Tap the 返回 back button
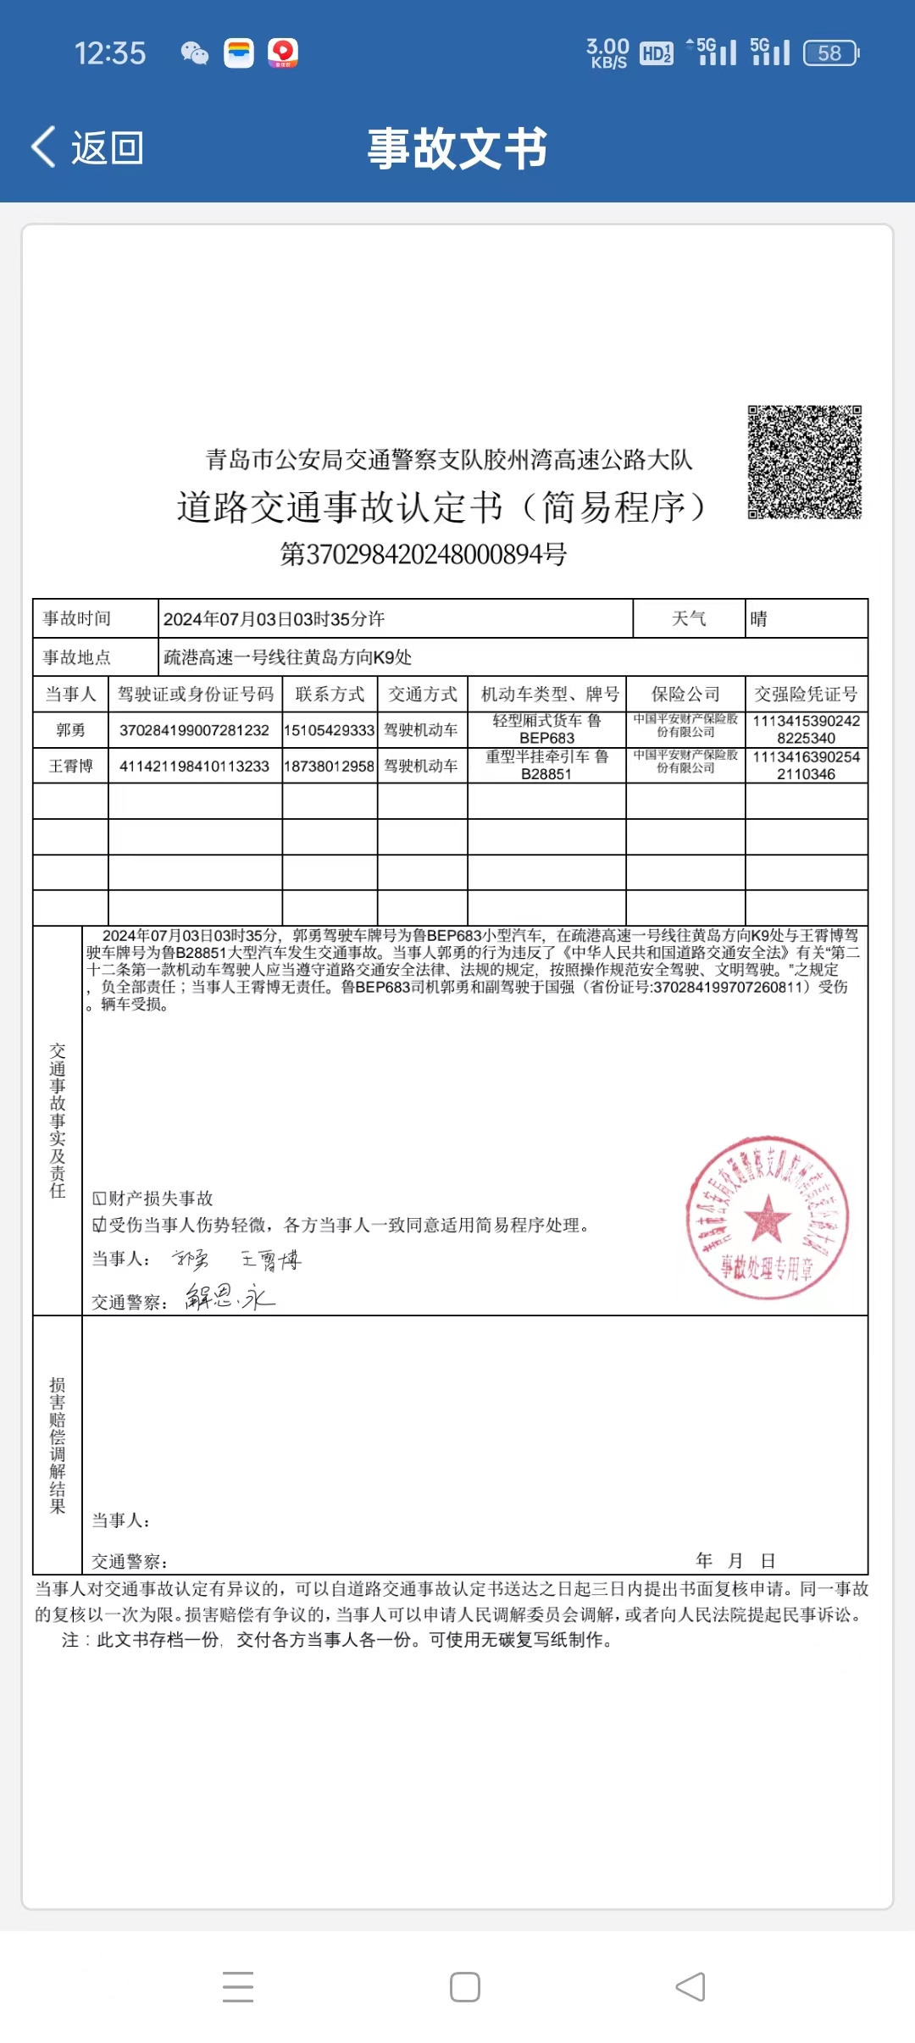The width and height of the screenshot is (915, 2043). point(87,148)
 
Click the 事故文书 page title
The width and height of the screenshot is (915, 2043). point(457,148)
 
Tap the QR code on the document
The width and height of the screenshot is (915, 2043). point(804,462)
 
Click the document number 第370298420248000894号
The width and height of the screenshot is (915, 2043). point(424,554)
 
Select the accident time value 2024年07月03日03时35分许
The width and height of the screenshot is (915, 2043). point(274,619)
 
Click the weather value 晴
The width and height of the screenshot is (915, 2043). point(758,619)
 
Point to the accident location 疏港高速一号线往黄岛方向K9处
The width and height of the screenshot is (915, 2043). point(288,657)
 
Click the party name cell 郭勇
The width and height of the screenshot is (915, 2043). point(70,730)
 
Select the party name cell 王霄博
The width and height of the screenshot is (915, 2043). point(70,766)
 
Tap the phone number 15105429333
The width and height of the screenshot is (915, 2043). point(330,730)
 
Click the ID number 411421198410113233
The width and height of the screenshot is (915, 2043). point(194,766)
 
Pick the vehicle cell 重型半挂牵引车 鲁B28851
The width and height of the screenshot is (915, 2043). point(546,766)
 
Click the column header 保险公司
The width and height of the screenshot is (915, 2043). point(685,695)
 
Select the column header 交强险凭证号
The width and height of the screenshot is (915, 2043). point(806,695)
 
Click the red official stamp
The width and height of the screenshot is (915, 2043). point(767,1218)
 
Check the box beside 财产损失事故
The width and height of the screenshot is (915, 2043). point(99,1199)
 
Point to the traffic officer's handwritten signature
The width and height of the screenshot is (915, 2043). point(230,1297)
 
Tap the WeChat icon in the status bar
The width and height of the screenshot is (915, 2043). point(195,53)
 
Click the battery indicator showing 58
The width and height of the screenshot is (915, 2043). point(830,53)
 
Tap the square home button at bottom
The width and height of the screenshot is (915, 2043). point(465,1986)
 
